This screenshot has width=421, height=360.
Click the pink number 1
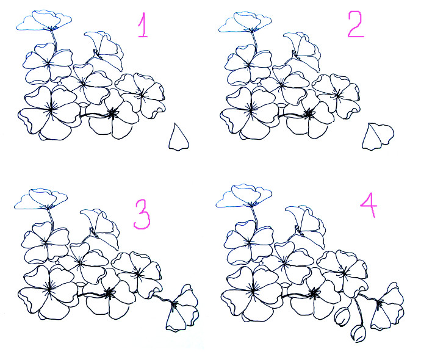pos(143,26)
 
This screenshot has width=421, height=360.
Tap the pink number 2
pos(354,24)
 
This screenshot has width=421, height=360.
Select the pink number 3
pos(142,215)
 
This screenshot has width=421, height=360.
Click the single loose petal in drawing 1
pos(178,138)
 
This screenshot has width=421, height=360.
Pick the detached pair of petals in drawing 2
pos(376,136)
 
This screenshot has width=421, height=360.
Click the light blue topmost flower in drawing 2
pos(246,22)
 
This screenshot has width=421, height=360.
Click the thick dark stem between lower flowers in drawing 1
pos(93,114)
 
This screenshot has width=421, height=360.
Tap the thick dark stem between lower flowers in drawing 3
pos(92,294)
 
